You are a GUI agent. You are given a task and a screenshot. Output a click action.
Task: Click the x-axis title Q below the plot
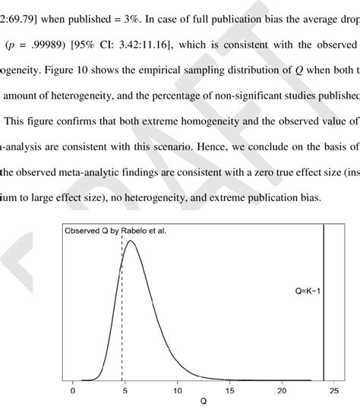203,403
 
